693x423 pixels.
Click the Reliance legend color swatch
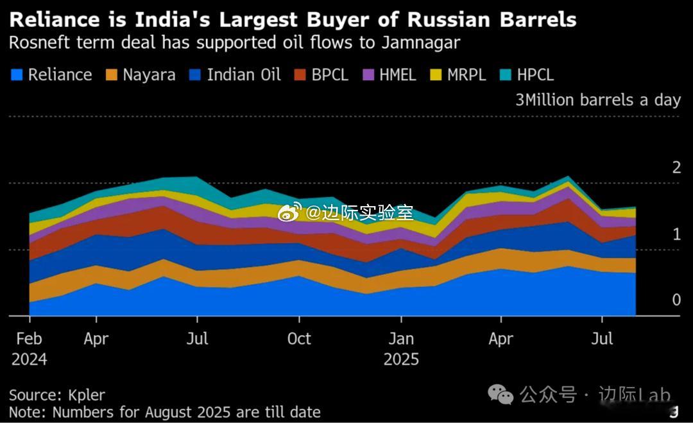click(17, 75)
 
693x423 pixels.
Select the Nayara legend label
click(149, 75)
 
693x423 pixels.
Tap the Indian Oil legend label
click(244, 75)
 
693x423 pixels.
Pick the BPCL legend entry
click(330, 75)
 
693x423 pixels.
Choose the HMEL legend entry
click(397, 75)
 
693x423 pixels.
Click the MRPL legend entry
click(466, 75)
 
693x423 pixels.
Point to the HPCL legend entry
click(535, 75)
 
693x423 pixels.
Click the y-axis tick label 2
click(676, 168)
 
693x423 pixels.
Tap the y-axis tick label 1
click(676, 235)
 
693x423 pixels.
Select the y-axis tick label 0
click(676, 300)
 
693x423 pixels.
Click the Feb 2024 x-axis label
click(29, 349)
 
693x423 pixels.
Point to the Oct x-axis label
click(298, 339)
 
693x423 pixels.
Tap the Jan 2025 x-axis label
click(401, 349)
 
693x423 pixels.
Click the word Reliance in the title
click(56, 20)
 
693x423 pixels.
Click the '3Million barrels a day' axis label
click(597, 100)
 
